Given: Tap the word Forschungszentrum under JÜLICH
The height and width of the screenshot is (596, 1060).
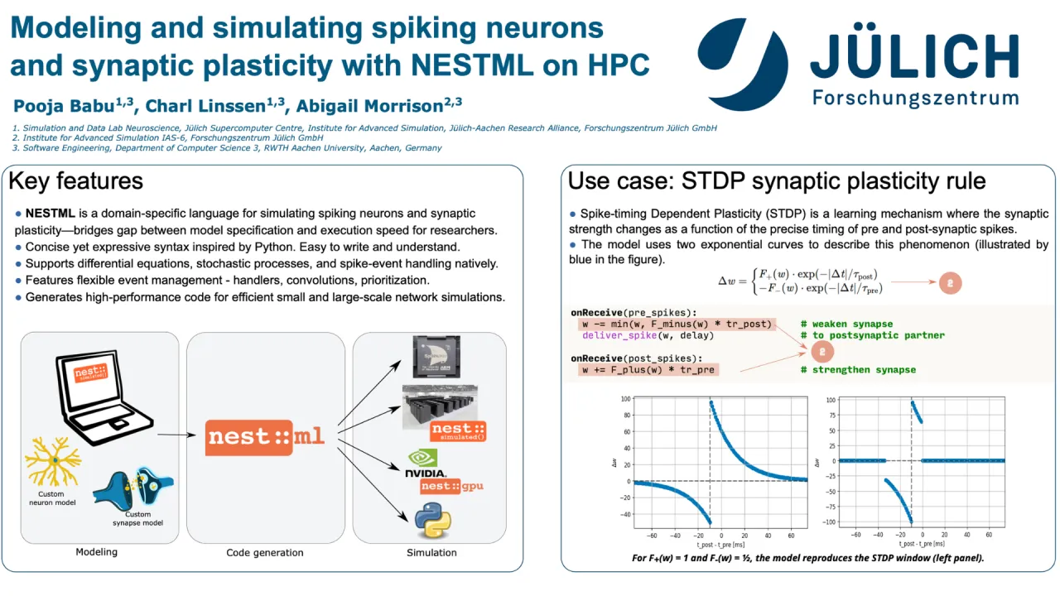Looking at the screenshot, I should (x=915, y=98).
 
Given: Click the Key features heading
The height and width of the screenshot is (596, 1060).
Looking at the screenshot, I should (x=75, y=181).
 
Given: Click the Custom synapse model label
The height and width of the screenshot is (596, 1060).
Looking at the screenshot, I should (x=137, y=519).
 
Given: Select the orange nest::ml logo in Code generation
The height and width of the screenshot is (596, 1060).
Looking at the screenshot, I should (x=266, y=436).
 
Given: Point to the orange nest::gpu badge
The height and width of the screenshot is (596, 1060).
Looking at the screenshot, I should (x=451, y=487).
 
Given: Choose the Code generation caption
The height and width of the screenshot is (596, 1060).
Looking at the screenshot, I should (x=265, y=553).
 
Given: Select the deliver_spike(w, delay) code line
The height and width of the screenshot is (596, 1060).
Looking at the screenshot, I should (x=635, y=336).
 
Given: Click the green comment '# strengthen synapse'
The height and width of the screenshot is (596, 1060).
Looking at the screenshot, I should (x=858, y=369).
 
